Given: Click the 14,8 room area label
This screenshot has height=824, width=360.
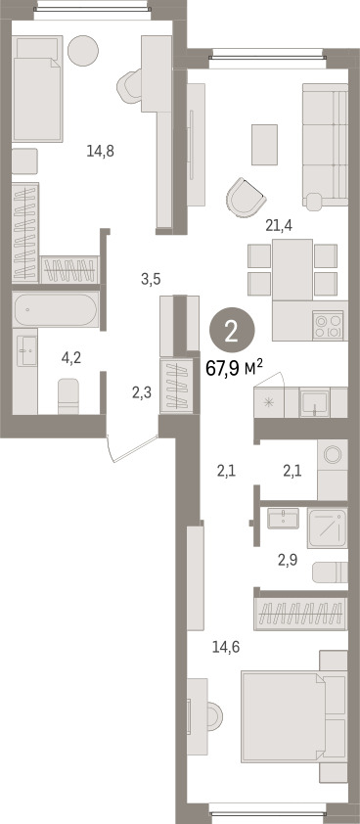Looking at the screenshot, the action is tap(101, 152).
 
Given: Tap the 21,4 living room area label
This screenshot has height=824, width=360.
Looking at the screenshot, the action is tap(279, 226).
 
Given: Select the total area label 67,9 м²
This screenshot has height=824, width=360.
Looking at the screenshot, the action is tap(234, 368).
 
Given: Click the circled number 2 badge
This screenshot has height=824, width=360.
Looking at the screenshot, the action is tap(232, 331).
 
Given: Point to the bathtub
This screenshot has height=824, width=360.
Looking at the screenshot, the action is tap(56, 309).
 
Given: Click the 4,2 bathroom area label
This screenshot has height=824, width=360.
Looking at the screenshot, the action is tap(71, 358).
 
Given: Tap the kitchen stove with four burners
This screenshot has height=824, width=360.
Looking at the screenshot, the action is tap(328, 325).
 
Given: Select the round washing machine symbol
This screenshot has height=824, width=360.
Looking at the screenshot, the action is tap(333, 454).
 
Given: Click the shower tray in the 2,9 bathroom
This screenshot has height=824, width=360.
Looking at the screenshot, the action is tap(328, 528).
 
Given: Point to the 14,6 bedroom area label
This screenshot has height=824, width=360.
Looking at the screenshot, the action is tap(226, 648).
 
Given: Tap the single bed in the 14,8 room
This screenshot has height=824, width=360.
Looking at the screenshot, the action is tap(37, 88).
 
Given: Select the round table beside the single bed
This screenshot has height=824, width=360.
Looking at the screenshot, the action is tap(83, 51).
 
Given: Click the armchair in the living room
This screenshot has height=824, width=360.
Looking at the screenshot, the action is tap(245, 198).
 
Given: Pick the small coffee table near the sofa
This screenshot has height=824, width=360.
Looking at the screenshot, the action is tap(264, 145).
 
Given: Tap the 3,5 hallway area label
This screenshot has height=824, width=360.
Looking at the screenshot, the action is tap(151, 279).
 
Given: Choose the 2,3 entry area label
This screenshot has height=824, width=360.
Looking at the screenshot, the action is tap(142, 392).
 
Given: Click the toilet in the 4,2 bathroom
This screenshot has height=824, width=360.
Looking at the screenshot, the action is tap(68, 396).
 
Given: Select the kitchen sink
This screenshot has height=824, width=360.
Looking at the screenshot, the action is tap(315, 402).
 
